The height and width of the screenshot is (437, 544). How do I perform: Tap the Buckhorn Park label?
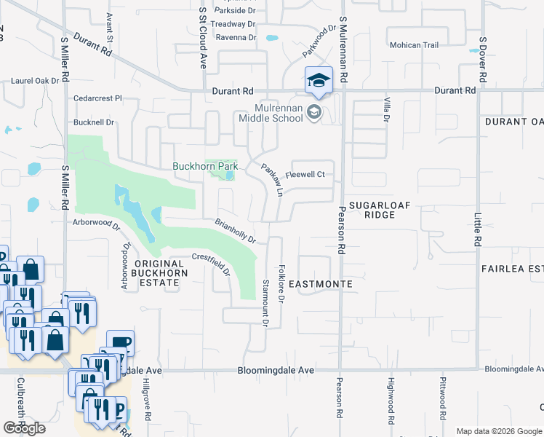(x=205, y=166)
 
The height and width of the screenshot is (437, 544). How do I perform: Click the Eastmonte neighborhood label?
(x=321, y=283)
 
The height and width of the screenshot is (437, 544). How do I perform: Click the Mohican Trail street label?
(x=414, y=45)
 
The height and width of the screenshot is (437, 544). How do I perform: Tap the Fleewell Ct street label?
(x=304, y=175)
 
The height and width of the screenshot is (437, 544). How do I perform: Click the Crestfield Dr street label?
(x=211, y=264)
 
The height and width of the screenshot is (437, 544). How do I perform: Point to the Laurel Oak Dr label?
(x=35, y=80)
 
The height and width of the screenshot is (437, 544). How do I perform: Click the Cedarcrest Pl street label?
(x=97, y=98)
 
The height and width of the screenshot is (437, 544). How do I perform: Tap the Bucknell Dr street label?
(x=94, y=122)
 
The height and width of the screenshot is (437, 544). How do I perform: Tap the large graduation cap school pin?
(x=319, y=81)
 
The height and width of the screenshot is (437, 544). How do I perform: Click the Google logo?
(x=24, y=428)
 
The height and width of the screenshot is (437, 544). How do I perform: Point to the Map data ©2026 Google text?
(x=498, y=431)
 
